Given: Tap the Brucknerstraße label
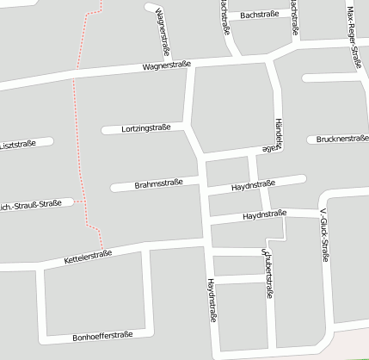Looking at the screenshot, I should pos(342,139).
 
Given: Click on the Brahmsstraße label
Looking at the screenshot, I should pos(158,184).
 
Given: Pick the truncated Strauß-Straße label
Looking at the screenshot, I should pos(30,204).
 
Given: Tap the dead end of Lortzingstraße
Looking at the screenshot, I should pos(105,130).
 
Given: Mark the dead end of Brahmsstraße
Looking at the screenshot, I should pos(114,187).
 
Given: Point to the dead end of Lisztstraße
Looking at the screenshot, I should pos(50,141).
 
